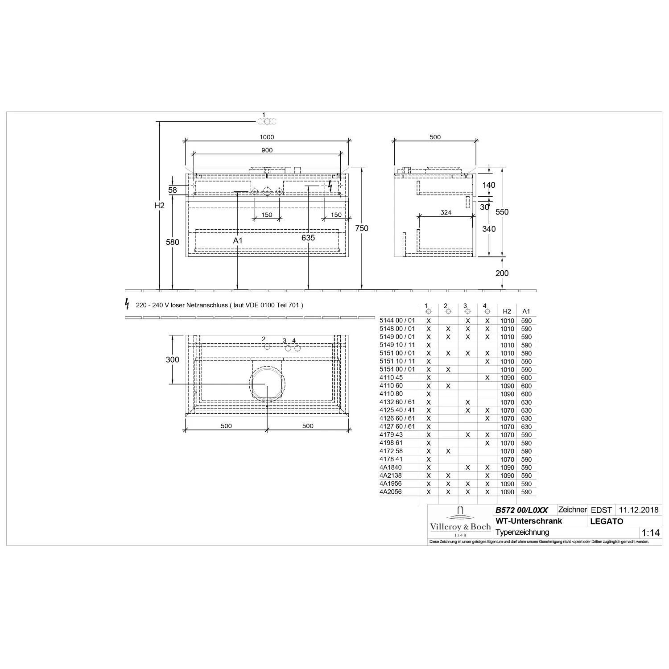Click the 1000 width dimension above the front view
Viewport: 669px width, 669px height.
coord(267,137)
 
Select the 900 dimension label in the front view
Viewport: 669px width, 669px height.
coord(267,150)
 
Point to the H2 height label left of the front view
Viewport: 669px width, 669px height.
coord(159,206)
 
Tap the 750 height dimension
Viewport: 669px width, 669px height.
coord(362,228)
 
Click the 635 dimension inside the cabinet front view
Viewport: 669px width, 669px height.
coord(308,238)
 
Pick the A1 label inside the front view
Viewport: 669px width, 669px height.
coord(238,240)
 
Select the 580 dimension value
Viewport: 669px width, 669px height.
coord(173,242)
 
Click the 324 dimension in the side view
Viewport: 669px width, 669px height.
coord(446,213)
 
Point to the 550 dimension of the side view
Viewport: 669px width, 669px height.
coord(502,212)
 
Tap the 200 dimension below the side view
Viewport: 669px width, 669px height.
coord(502,273)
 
